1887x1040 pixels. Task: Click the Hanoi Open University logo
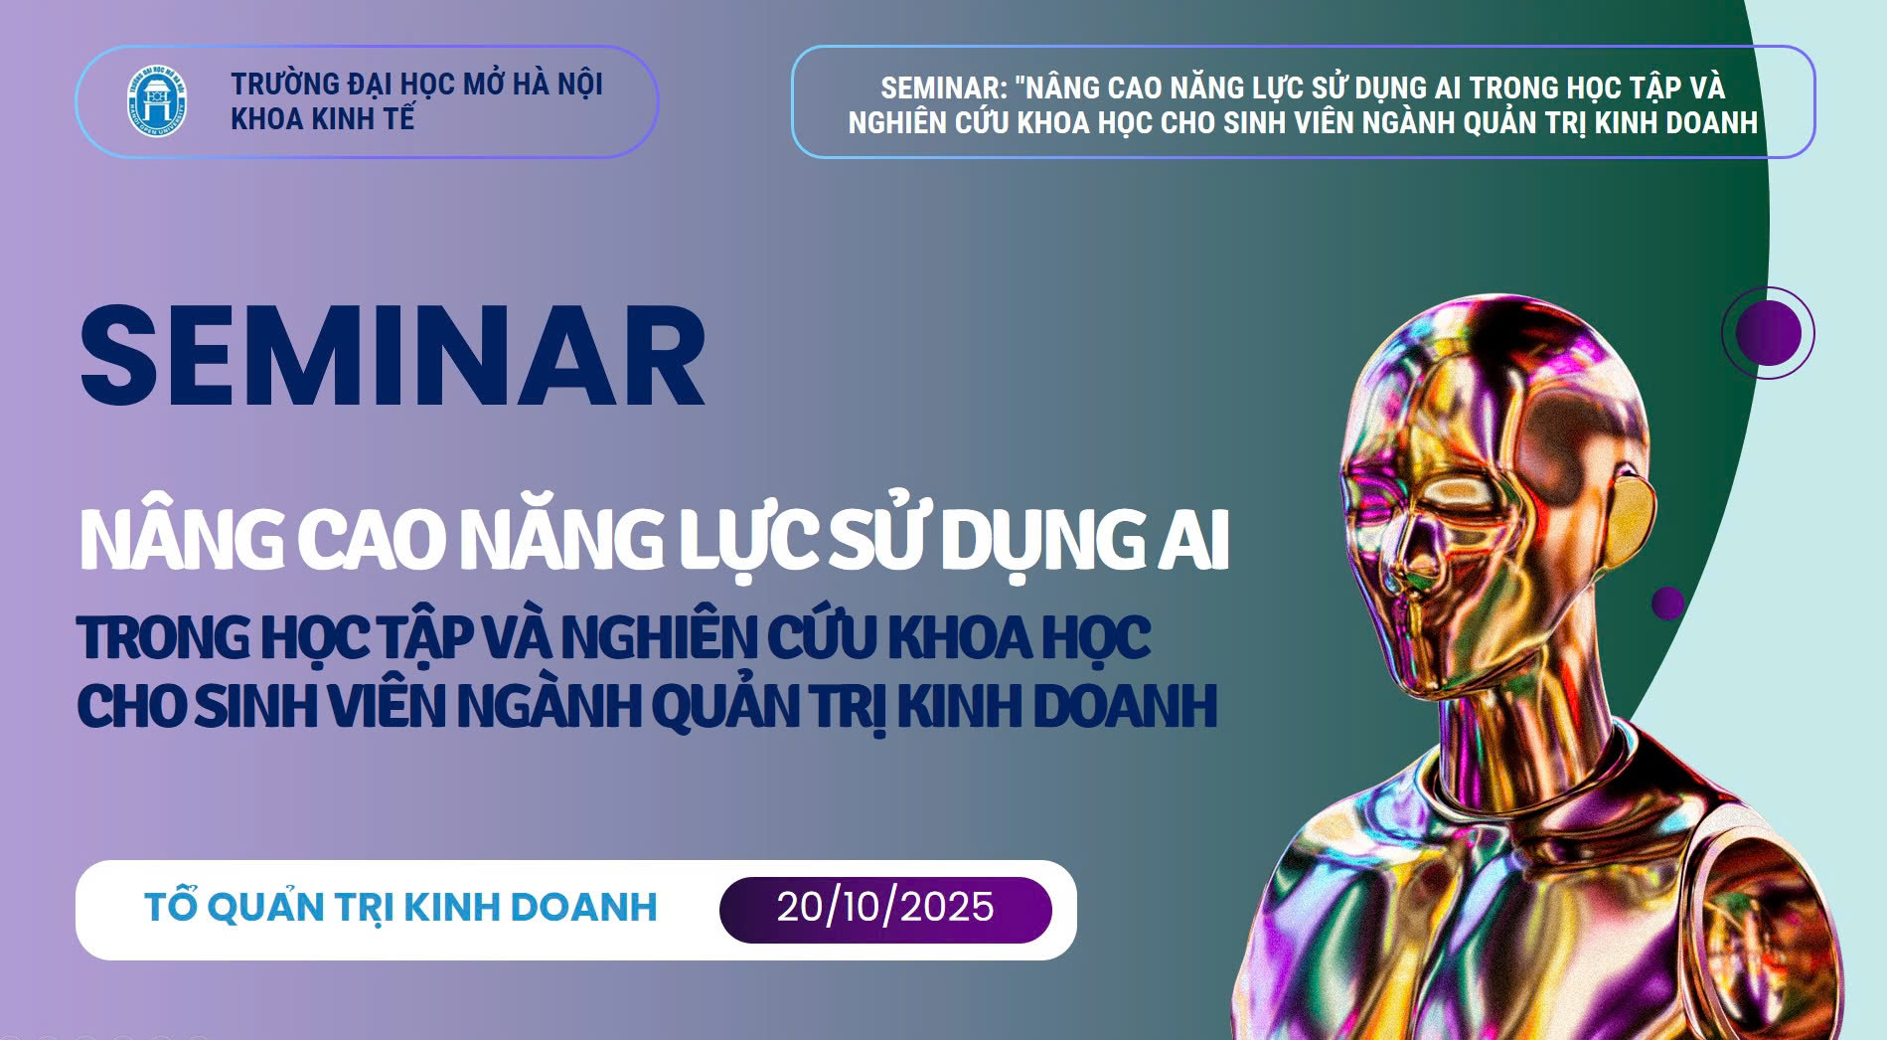point(157,101)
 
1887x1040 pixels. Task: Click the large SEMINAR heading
point(393,356)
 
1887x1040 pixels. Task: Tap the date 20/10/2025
point(885,907)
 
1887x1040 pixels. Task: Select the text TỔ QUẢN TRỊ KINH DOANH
point(400,907)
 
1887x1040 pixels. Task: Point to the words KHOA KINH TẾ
point(322,119)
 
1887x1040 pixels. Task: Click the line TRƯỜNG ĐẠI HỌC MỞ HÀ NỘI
point(417,84)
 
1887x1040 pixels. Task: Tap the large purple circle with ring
point(1768,333)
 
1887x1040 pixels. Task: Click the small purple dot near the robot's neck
point(1667,603)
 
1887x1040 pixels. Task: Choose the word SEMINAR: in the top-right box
point(944,88)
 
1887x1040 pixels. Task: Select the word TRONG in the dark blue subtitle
point(164,637)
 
